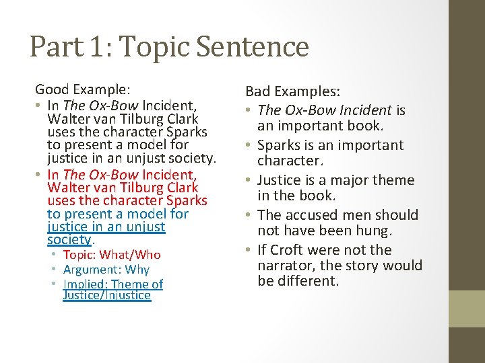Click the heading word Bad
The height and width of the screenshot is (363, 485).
tap(259, 91)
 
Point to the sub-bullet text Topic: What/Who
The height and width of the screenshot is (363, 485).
tap(111, 255)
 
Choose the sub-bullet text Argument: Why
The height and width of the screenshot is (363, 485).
tap(106, 270)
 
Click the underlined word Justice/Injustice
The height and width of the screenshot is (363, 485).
tap(106, 295)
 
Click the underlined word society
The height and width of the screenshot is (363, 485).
tap(69, 239)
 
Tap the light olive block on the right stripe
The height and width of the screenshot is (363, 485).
tap(467, 309)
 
